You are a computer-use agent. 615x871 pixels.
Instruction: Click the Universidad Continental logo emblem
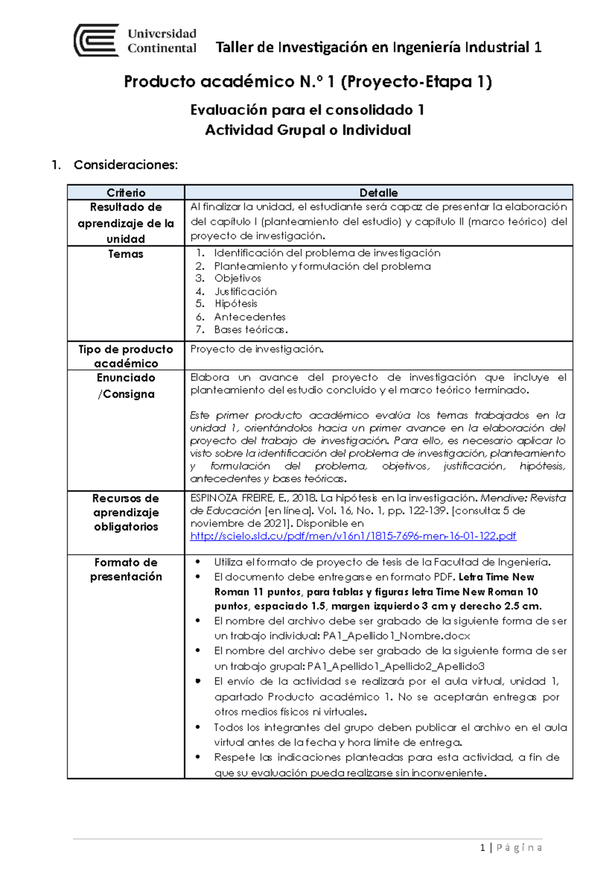click(97, 40)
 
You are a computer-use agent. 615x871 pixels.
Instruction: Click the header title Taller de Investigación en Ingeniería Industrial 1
click(378, 47)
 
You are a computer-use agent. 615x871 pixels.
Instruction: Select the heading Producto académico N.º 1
click(307, 82)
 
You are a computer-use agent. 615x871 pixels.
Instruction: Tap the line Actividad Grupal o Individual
click(307, 130)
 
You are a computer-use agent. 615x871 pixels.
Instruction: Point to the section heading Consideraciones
click(126, 165)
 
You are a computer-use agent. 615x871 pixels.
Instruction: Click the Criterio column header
click(126, 192)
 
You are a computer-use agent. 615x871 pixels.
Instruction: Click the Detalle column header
click(378, 192)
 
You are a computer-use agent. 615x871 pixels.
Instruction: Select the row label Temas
click(126, 254)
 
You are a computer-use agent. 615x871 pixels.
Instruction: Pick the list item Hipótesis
click(236, 304)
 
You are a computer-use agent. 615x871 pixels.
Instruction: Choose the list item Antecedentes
click(250, 316)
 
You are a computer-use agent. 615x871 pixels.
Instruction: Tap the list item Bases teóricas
click(251, 329)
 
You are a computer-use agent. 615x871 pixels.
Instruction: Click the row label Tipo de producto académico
click(126, 356)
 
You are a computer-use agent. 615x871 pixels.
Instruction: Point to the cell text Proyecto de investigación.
click(257, 349)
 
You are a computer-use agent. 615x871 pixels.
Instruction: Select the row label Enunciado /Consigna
click(126, 386)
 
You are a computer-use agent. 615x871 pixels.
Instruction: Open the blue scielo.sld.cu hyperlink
click(353, 536)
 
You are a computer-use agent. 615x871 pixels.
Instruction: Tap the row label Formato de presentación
click(126, 569)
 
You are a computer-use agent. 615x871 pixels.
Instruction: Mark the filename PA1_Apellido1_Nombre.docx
click(396, 636)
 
